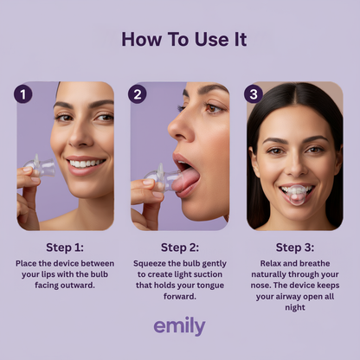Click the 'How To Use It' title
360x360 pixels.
coord(184,40)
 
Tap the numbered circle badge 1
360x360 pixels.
coord(23,94)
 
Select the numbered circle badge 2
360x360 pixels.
coord(138,94)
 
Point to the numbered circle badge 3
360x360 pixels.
coord(254,94)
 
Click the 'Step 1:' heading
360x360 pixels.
coord(65,247)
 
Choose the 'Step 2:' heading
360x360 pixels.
coord(180,247)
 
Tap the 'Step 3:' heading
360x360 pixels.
coord(295,247)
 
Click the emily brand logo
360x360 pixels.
coord(179,326)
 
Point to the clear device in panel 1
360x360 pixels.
coord(41,165)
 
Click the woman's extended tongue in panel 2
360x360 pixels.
coord(186,179)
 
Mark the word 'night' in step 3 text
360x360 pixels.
coord(295,308)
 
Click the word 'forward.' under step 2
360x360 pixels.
coord(180,296)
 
